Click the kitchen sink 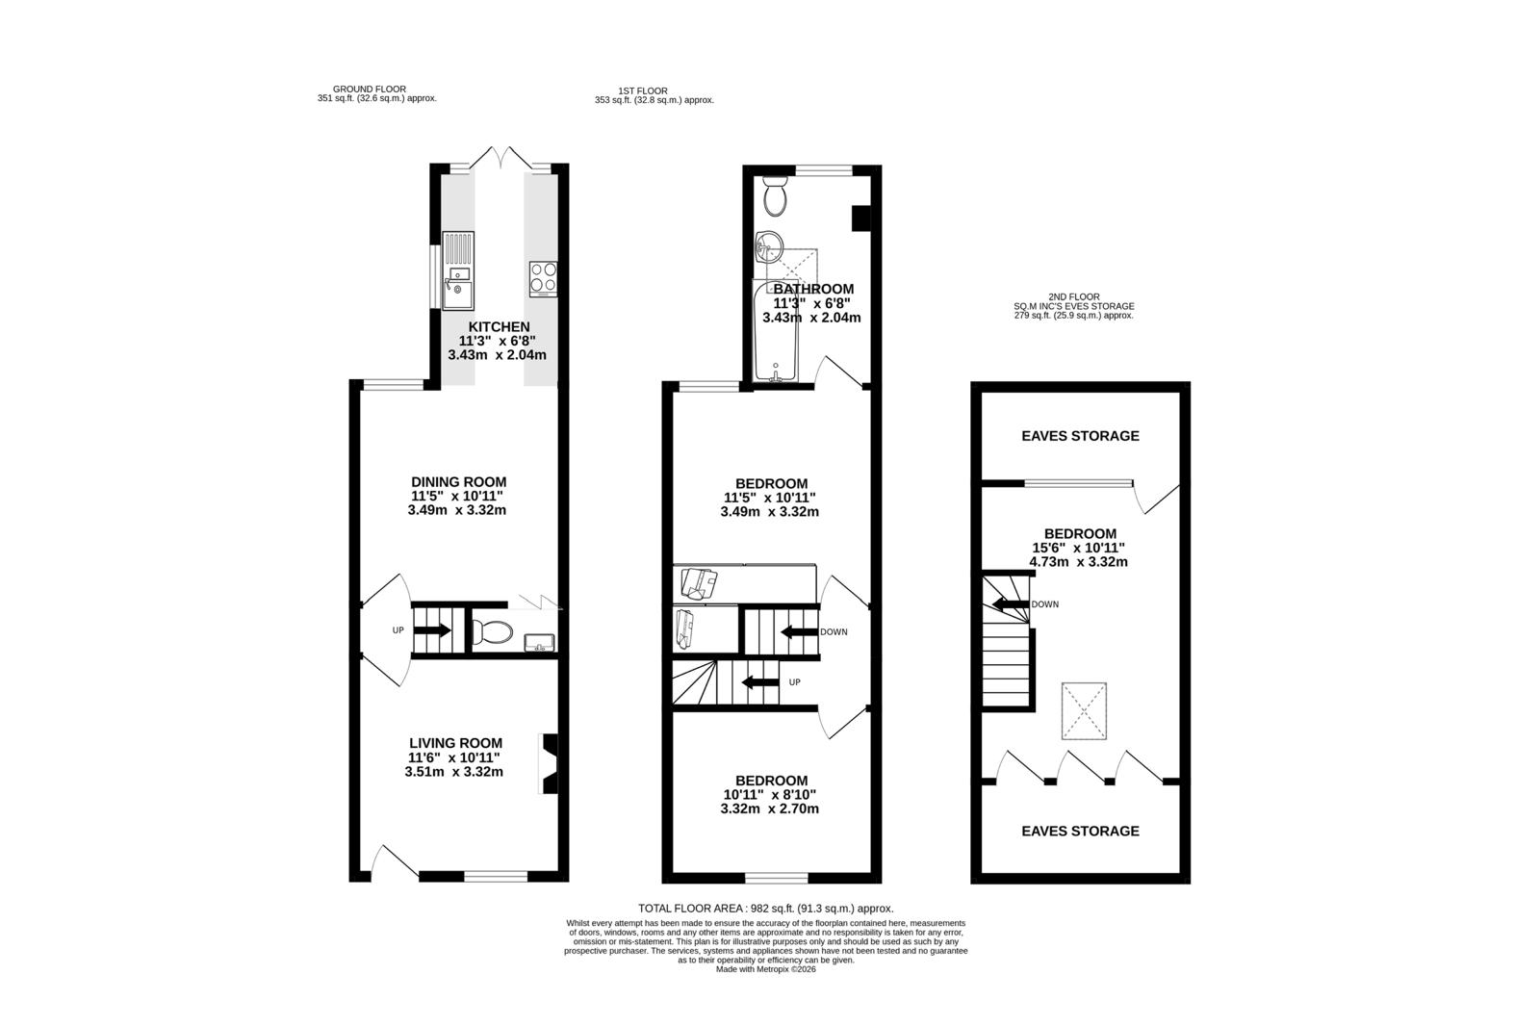click(458, 270)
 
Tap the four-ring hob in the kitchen click(543, 278)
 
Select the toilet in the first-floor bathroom click(776, 195)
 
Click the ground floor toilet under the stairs click(492, 631)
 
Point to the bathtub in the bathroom click(776, 330)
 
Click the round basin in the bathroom click(769, 246)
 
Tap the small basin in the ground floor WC click(539, 642)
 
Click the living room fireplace click(550, 763)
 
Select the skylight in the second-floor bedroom click(1084, 710)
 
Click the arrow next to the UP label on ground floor click(433, 629)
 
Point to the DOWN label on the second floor click(1045, 604)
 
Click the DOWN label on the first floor click(834, 632)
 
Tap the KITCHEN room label click(500, 326)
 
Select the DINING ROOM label click(458, 482)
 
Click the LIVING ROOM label click(456, 743)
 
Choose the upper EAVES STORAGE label click(1080, 436)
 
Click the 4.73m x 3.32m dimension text click(1078, 562)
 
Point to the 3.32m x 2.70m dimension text click(769, 808)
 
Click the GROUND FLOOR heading click(370, 90)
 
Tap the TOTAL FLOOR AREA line click(766, 909)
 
